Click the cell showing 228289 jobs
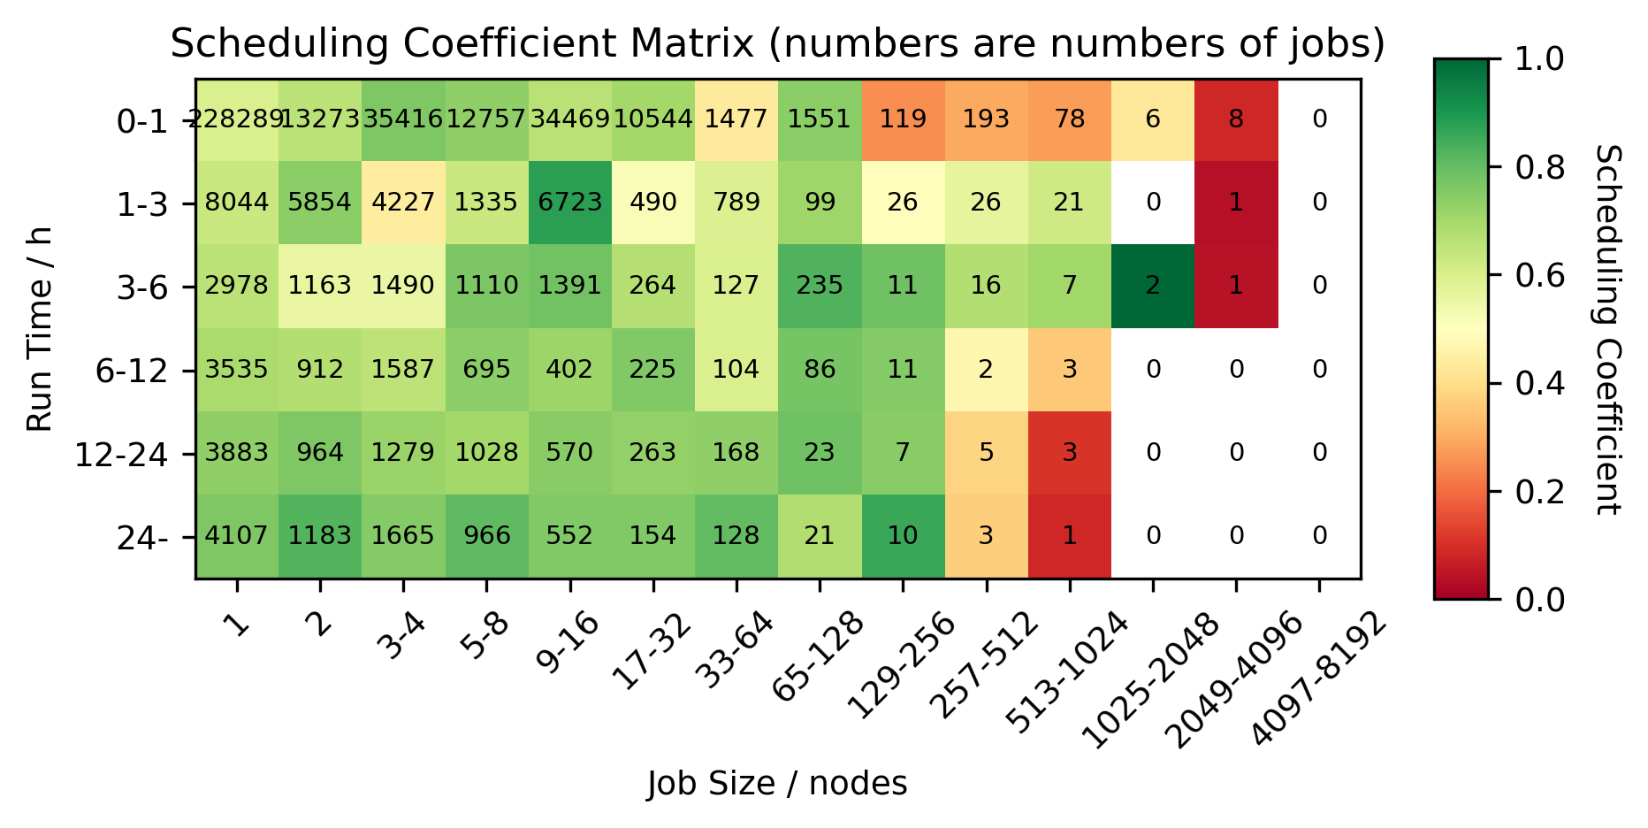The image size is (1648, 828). (237, 119)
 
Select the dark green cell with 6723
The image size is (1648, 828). (569, 203)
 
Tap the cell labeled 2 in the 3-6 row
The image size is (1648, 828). (1153, 286)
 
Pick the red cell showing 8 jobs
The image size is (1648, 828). (1236, 119)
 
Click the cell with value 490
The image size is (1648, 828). (652, 203)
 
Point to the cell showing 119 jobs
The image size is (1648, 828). (903, 119)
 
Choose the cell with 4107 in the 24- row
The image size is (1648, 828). (237, 536)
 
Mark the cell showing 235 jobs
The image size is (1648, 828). (820, 286)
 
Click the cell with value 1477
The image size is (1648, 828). (736, 119)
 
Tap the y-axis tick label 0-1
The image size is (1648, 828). (141, 122)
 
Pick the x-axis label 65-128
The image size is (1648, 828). (814, 655)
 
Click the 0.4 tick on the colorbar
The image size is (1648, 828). (1539, 384)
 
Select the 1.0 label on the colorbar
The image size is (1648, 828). (1539, 59)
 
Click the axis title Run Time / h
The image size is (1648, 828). (39, 329)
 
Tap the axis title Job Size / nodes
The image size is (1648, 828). (776, 784)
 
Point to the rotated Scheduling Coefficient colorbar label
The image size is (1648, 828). (1606, 329)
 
